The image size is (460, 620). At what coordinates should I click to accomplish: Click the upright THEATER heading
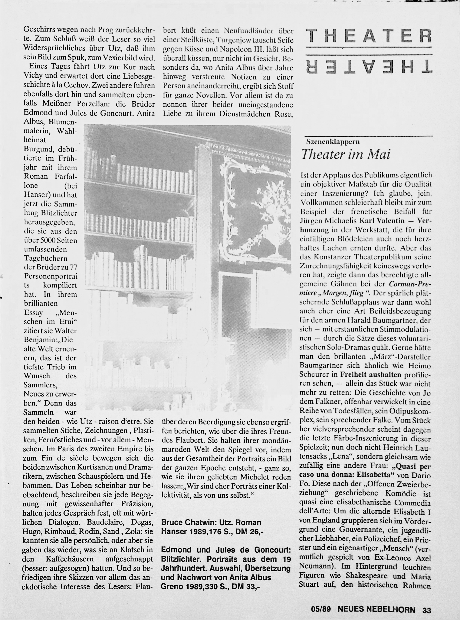(x=369, y=36)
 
